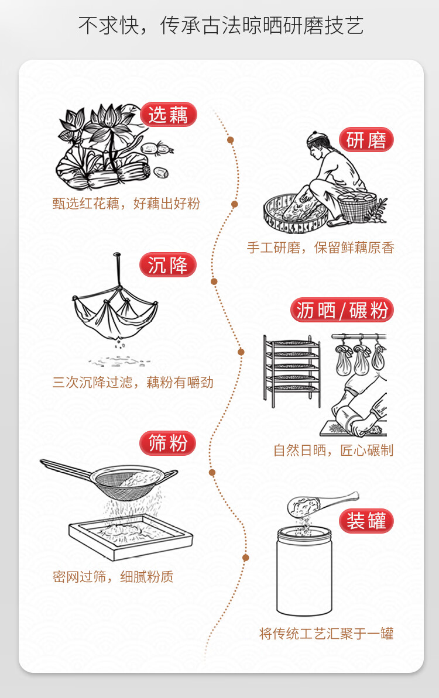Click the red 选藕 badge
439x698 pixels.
[169, 115]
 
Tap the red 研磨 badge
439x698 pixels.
[366, 140]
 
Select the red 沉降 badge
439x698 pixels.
[167, 265]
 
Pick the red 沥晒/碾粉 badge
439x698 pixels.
[342, 310]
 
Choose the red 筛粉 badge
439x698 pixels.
[167, 443]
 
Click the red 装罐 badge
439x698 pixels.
[366, 521]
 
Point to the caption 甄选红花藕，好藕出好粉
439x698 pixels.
[126, 204]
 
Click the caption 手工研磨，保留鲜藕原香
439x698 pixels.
[321, 247]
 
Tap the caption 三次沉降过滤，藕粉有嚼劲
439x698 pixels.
[133, 383]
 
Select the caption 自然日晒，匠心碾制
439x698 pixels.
[334, 451]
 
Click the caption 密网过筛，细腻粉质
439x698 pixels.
[113, 577]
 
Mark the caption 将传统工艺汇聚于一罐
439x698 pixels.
[327, 634]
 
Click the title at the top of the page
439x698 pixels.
[221, 25]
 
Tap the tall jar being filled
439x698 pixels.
[304, 572]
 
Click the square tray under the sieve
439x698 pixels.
[131, 537]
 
